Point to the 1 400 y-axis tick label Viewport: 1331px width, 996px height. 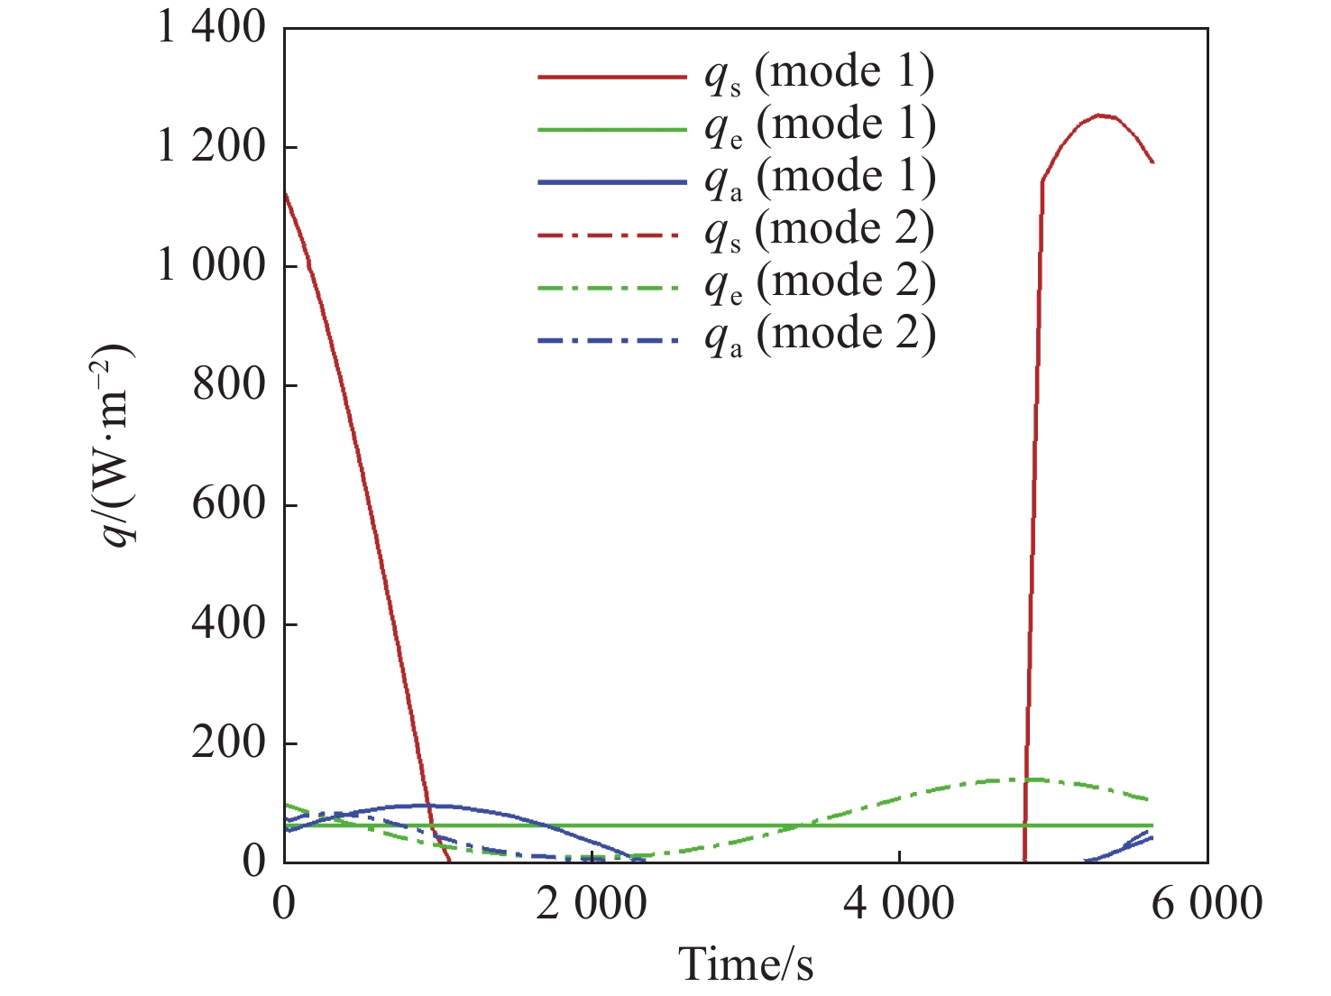212,28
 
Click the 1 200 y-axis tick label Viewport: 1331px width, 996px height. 212,147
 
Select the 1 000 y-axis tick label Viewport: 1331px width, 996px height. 212,266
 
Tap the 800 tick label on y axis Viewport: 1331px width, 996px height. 229,385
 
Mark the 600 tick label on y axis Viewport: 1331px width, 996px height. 229,504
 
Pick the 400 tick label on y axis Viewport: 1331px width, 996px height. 229,623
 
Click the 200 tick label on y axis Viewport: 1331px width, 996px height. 229,742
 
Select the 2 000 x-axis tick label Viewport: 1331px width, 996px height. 592,903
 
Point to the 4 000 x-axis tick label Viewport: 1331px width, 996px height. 899,903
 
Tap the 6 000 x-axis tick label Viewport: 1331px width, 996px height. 1207,903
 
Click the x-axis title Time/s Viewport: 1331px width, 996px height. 746,964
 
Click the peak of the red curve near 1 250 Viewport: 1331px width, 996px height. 1099,115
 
